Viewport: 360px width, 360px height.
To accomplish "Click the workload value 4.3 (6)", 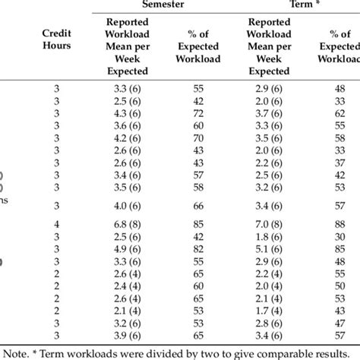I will coord(124,113).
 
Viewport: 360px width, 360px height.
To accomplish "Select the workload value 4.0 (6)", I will coord(124,205).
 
